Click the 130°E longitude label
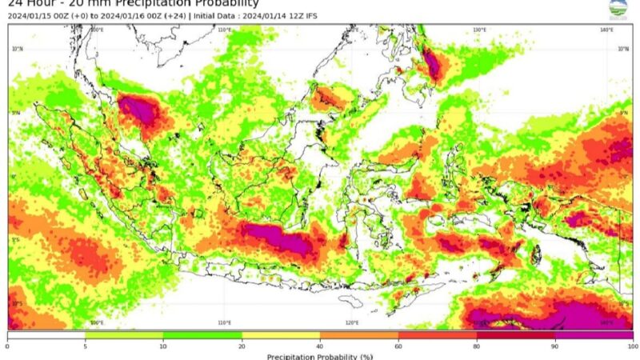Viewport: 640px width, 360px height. coord(479,30)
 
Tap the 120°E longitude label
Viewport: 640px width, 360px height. coord(352,323)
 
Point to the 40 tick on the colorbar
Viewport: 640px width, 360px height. coord(320,345)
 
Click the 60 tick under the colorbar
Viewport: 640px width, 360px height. coord(398,345)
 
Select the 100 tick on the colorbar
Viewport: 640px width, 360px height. coord(632,345)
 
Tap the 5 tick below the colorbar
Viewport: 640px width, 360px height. coord(86,345)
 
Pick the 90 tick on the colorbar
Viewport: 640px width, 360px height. coord(554,345)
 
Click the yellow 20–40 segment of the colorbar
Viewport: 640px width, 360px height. coord(281,335)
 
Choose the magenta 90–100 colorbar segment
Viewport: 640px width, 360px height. coord(594,335)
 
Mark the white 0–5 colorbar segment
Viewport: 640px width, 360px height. coord(46,335)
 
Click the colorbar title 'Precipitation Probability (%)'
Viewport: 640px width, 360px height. coord(320,355)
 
